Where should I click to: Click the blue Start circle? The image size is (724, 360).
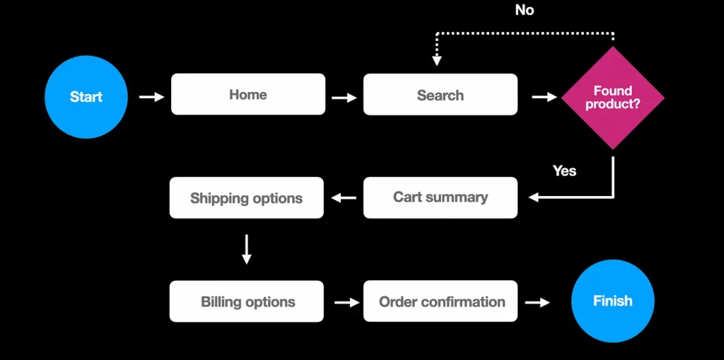(86, 97)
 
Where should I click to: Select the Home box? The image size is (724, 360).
(248, 94)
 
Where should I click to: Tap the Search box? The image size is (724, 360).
(440, 95)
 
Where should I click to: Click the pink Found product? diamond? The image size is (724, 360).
(612, 98)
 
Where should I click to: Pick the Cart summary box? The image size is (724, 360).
(440, 197)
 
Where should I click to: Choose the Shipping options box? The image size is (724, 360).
(246, 198)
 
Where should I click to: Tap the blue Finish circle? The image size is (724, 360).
(612, 301)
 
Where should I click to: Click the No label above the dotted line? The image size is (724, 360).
(524, 10)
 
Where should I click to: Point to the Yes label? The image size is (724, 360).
(564, 170)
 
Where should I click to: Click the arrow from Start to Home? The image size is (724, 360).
(151, 96)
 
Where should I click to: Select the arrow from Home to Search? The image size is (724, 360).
(344, 98)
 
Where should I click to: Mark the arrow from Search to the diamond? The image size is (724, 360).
(544, 97)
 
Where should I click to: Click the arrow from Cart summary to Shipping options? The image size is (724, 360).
(344, 198)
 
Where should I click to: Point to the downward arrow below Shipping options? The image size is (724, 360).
(246, 250)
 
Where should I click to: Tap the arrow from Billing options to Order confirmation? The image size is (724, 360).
(346, 302)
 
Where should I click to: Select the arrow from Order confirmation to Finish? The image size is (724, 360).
(537, 302)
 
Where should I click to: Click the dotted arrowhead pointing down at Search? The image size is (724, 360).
(437, 61)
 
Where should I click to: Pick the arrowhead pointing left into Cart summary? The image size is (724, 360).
(534, 197)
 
